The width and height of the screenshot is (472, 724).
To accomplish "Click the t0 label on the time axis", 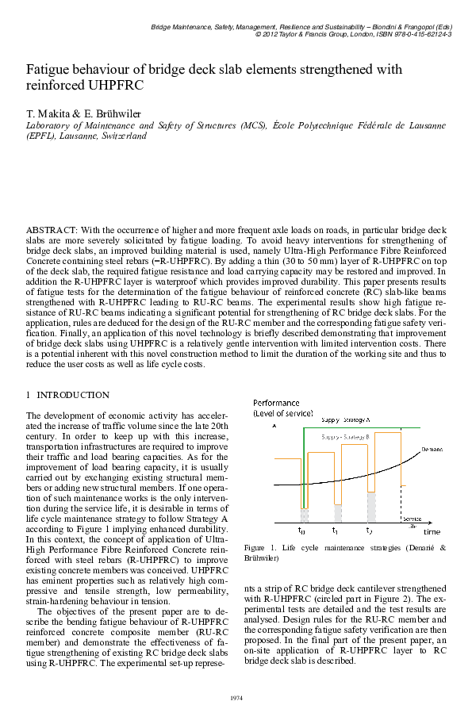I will tap(301, 530).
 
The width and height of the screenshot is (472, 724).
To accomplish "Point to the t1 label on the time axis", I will tap(336, 530).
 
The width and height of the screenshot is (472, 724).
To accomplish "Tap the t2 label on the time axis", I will tap(369, 530).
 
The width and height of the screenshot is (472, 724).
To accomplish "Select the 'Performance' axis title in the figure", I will tap(277, 403).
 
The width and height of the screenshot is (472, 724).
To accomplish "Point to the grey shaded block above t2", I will tap(370, 507).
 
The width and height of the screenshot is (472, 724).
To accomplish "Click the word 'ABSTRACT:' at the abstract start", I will tap(49, 229).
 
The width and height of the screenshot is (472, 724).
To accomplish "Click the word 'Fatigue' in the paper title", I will tap(52, 70).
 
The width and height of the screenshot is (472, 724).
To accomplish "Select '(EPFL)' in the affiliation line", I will tap(41, 136).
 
